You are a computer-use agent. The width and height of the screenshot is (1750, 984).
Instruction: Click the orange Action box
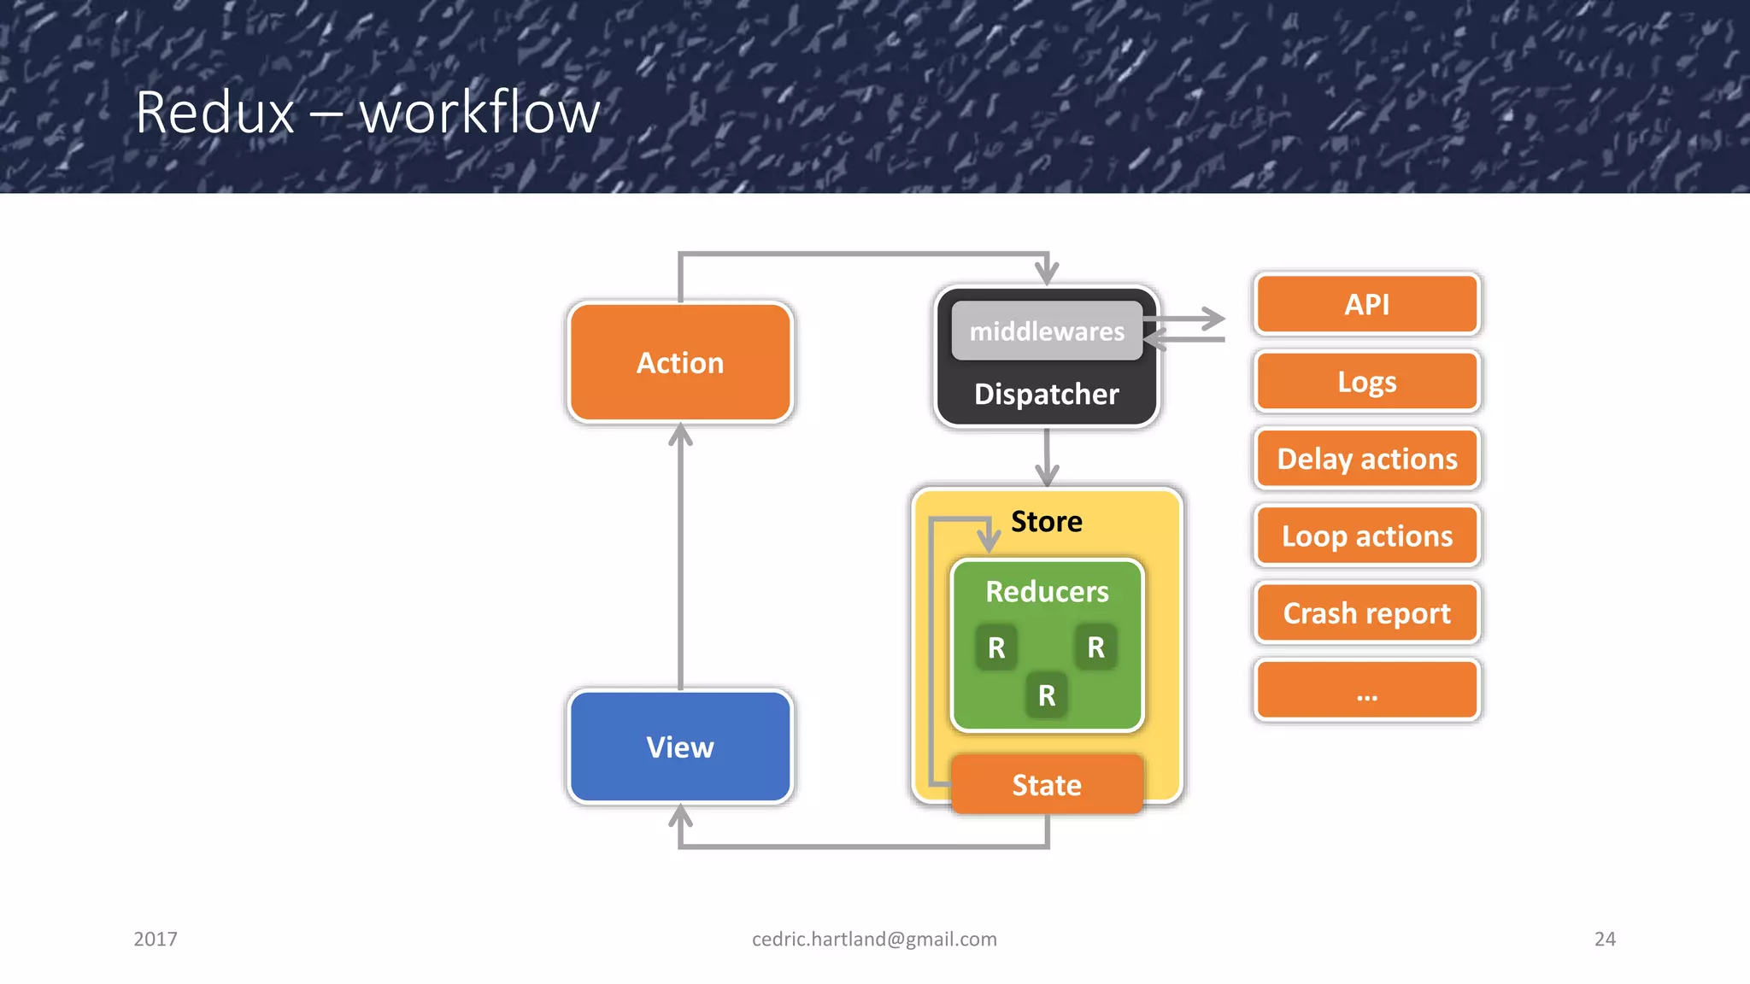tap(680, 362)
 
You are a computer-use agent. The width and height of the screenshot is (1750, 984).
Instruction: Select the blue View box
tap(680, 747)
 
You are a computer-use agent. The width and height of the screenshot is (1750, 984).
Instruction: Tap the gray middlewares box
tap(1047, 331)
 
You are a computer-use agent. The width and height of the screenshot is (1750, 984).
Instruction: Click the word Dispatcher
tap(1047, 394)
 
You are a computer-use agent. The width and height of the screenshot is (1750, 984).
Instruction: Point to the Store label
tap(1047, 521)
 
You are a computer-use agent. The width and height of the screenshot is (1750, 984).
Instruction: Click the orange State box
tap(1047, 784)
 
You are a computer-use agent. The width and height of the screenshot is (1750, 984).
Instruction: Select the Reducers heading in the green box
tap(1047, 591)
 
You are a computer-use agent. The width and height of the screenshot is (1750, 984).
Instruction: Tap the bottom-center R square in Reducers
tap(1047, 695)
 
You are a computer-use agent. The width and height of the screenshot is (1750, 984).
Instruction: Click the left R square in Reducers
tap(996, 647)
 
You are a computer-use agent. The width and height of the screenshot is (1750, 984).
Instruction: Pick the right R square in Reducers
tap(1096, 647)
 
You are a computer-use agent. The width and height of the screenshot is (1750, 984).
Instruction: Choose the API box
tap(1366, 304)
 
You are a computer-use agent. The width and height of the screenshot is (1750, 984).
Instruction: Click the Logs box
tap(1366, 381)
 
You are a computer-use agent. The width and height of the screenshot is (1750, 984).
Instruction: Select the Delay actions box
tap(1366, 459)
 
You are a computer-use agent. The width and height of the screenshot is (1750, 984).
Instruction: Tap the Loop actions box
tap(1366, 536)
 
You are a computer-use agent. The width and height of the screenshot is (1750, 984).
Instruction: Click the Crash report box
tap(1366, 612)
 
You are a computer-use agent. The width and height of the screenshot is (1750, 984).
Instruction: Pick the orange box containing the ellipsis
tap(1366, 690)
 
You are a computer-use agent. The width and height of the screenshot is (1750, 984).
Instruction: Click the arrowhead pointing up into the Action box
tap(680, 436)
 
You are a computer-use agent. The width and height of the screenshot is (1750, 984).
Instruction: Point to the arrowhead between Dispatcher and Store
tap(1047, 474)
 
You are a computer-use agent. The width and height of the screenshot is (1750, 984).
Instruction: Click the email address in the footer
tap(874, 939)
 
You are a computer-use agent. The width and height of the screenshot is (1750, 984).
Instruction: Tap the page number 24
tap(1605, 939)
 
